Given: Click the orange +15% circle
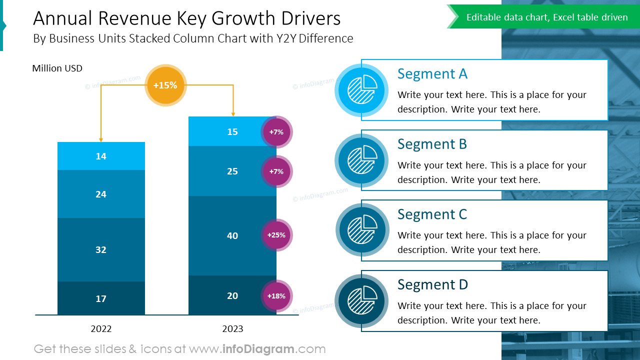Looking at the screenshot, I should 165,85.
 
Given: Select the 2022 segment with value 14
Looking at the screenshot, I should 101,156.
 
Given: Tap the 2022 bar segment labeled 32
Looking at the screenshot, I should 101,249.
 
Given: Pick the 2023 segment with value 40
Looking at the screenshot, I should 225,235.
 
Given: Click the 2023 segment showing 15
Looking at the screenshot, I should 225,131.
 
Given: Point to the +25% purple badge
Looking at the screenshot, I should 276,235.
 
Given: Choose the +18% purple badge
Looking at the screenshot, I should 276,296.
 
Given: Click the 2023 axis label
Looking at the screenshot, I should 232,329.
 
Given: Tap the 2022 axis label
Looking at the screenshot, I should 101,329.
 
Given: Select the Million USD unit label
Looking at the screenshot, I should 57,68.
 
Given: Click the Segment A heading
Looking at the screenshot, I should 432,74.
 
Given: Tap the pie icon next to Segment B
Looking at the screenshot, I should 361,160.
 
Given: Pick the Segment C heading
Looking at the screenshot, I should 432,214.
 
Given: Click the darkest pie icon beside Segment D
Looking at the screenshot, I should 361,301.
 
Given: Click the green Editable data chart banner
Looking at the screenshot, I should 546,17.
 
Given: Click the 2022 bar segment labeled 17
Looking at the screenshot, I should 101,298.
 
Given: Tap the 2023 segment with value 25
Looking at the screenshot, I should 225,171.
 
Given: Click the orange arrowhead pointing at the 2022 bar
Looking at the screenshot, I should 101,139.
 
